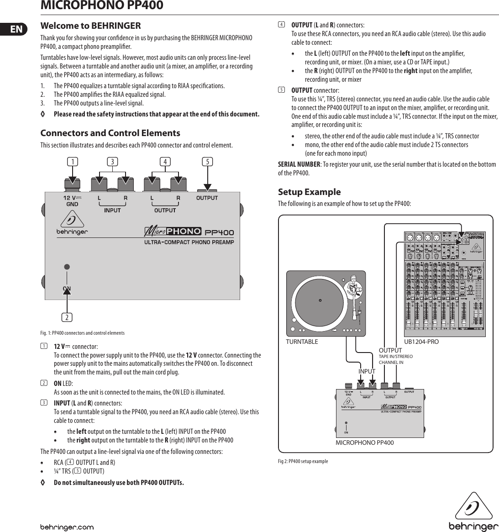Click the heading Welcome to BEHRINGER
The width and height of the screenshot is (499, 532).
(90, 26)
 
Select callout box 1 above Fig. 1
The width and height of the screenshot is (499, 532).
(72, 161)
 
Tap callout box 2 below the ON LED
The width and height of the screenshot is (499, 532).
(67, 317)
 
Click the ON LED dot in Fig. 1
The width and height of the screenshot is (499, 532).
(67, 267)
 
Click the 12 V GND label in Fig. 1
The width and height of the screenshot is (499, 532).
(72, 201)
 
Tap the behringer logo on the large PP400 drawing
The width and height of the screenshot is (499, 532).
(72, 225)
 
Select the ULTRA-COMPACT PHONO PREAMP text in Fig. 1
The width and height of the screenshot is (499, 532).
(189, 242)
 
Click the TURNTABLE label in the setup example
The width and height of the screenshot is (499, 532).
(302, 342)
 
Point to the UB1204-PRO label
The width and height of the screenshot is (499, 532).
(421, 342)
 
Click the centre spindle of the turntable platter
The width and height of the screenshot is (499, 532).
(320, 300)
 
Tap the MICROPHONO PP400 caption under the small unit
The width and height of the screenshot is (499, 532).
(364, 442)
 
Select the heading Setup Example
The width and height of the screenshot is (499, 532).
(309, 192)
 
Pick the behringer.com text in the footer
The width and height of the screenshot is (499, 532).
(67, 527)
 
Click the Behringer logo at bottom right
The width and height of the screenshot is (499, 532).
(473, 513)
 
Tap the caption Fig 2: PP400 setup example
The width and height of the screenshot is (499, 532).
(303, 461)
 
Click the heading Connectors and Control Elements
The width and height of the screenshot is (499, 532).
(110, 133)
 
